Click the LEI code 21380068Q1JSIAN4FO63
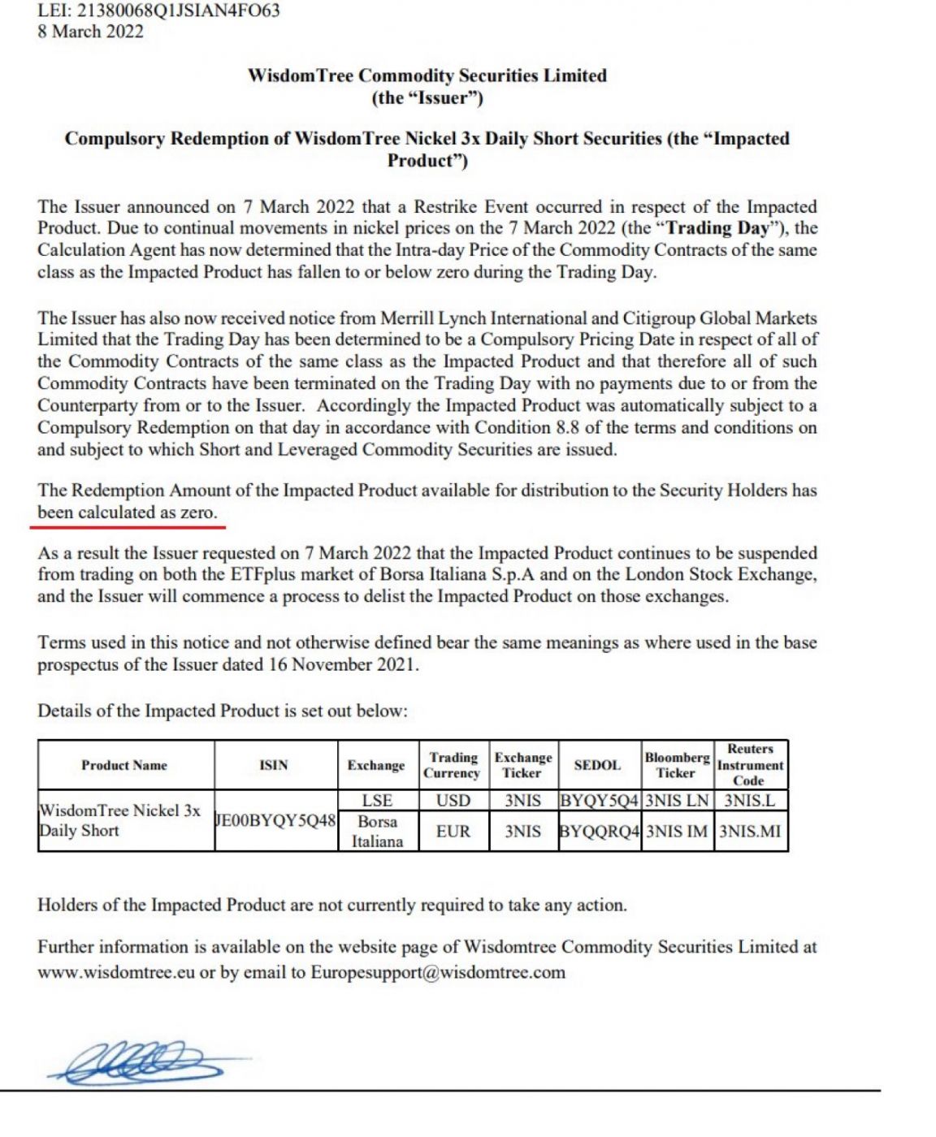(x=178, y=11)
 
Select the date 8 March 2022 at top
(x=90, y=32)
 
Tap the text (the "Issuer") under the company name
(x=427, y=98)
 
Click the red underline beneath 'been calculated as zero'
(x=128, y=526)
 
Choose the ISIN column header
(x=274, y=765)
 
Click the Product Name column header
(x=124, y=765)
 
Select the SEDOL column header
(x=597, y=765)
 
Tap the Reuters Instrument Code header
(x=750, y=764)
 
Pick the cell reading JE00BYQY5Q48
(x=275, y=820)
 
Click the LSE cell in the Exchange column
(x=377, y=801)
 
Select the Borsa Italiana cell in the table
(x=377, y=832)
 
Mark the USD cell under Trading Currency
(x=453, y=801)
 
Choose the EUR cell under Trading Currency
(x=453, y=832)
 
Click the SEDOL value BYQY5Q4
(x=600, y=801)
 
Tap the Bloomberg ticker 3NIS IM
(x=677, y=832)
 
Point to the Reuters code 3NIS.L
(x=749, y=801)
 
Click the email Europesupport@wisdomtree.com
(x=438, y=973)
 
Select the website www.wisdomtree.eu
(x=116, y=973)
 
